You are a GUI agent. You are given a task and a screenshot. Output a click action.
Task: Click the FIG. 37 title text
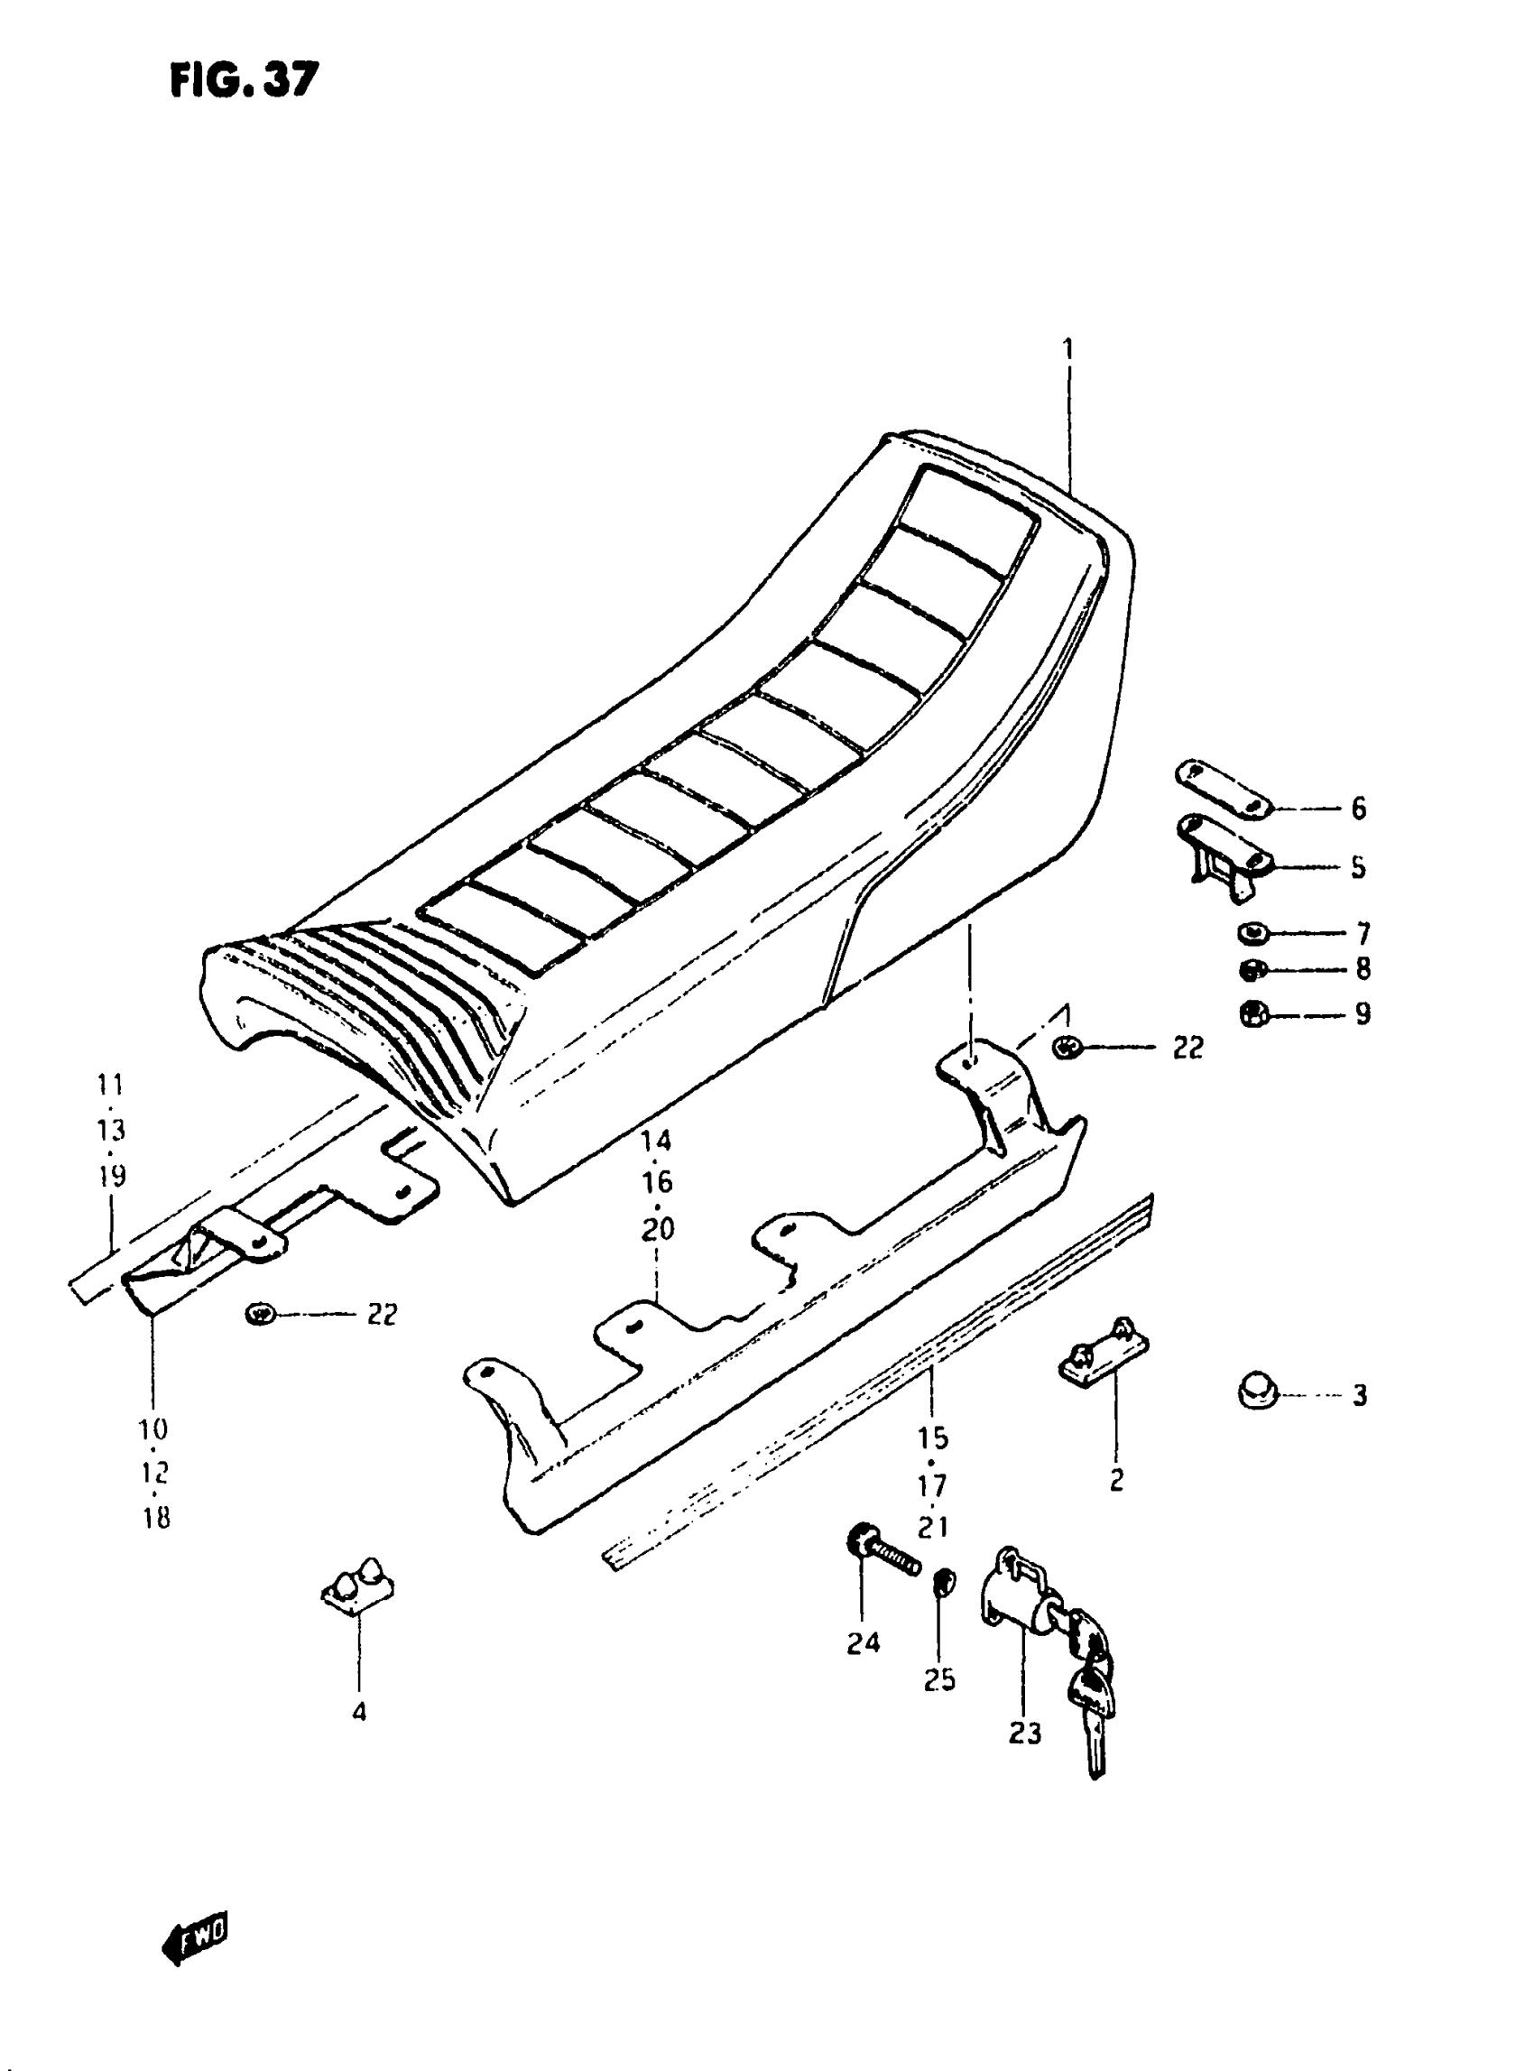point(244,81)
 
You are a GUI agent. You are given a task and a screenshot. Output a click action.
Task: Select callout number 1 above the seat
point(1067,349)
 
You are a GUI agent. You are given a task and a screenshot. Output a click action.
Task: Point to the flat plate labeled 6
point(1224,790)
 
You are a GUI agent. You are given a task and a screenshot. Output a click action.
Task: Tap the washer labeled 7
point(1252,931)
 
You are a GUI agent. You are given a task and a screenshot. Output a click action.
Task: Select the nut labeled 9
point(1252,1012)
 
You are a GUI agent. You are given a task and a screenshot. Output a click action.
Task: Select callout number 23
point(1024,1733)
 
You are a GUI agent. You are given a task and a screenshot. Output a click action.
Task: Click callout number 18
point(156,1519)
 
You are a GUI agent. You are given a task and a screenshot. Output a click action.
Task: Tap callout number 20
point(658,1231)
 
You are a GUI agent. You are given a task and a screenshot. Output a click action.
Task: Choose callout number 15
point(933,1438)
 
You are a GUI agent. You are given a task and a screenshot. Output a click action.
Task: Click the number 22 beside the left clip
point(382,1315)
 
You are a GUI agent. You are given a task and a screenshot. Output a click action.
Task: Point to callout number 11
point(109,1084)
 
